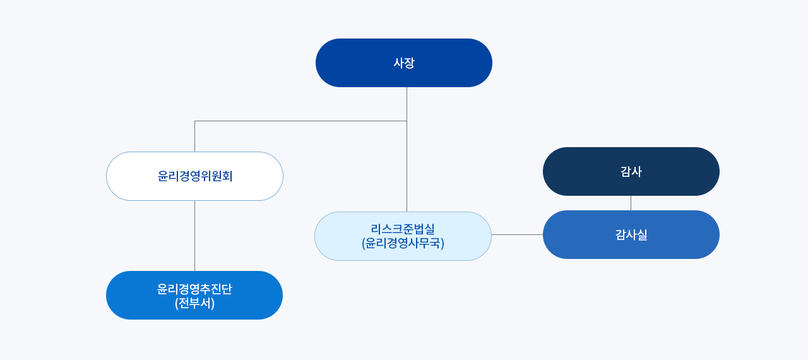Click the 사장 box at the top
(403, 63)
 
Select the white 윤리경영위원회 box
(195, 176)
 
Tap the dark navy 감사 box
(631, 171)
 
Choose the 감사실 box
(631, 234)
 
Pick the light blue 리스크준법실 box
(403, 236)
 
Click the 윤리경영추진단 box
(194, 295)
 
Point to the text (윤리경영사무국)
(403, 243)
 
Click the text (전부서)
(195, 303)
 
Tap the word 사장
(404, 63)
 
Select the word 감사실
(631, 235)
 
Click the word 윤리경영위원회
(195, 176)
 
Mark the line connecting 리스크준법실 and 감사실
(517, 234)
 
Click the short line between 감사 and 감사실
(631, 203)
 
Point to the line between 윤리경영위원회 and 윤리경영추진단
(195, 236)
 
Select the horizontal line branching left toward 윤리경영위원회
(301, 121)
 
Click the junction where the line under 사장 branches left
(407, 121)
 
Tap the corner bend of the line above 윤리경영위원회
(195, 121)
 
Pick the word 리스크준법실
(403, 229)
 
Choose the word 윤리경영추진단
(194, 289)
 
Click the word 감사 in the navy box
(631, 171)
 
